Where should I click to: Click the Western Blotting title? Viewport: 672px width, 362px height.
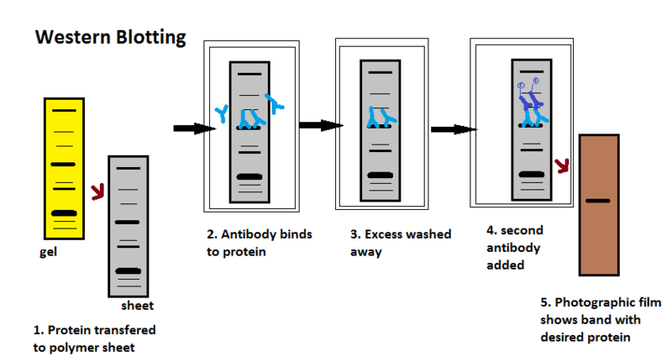coord(109,39)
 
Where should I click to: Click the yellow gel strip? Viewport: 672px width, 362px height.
coord(60,168)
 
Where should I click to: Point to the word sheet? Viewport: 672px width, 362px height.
coord(137,306)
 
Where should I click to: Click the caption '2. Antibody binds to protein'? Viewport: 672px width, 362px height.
coord(259,242)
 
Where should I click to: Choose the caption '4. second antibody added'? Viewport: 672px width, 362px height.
coord(513,248)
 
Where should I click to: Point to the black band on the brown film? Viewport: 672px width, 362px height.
coord(597,201)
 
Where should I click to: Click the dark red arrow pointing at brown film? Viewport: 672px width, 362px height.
coord(562,164)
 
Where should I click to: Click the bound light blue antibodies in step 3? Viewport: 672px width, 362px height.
coord(379,118)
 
